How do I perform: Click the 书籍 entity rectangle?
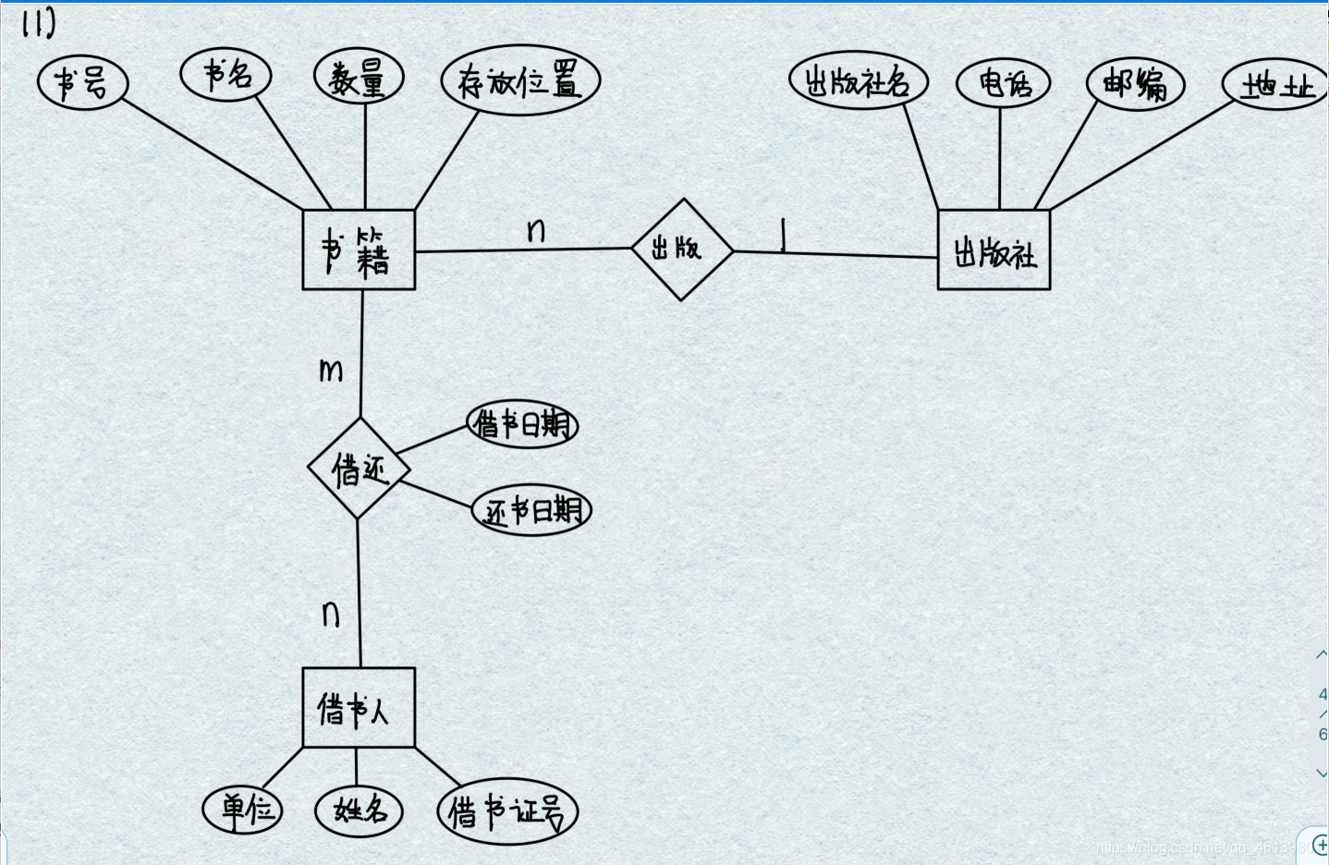(359, 250)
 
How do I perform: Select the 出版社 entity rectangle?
(994, 250)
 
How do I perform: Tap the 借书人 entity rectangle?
(359, 708)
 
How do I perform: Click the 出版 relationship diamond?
(682, 250)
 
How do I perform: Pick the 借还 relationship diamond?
(359, 469)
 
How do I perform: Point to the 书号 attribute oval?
(82, 83)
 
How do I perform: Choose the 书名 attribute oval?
(226, 75)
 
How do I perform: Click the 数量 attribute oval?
(359, 77)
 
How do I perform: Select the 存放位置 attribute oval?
(520, 81)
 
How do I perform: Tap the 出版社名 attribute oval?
(858, 81)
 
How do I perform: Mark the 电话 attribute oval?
(1003, 83)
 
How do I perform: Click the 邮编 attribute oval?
(1135, 85)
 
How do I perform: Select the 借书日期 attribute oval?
(522, 425)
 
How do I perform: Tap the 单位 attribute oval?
(242, 810)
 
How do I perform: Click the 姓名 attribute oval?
(359, 811)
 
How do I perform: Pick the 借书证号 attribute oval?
(506, 812)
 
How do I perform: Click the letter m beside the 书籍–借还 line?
(331, 371)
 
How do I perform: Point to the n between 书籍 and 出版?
(536, 230)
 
